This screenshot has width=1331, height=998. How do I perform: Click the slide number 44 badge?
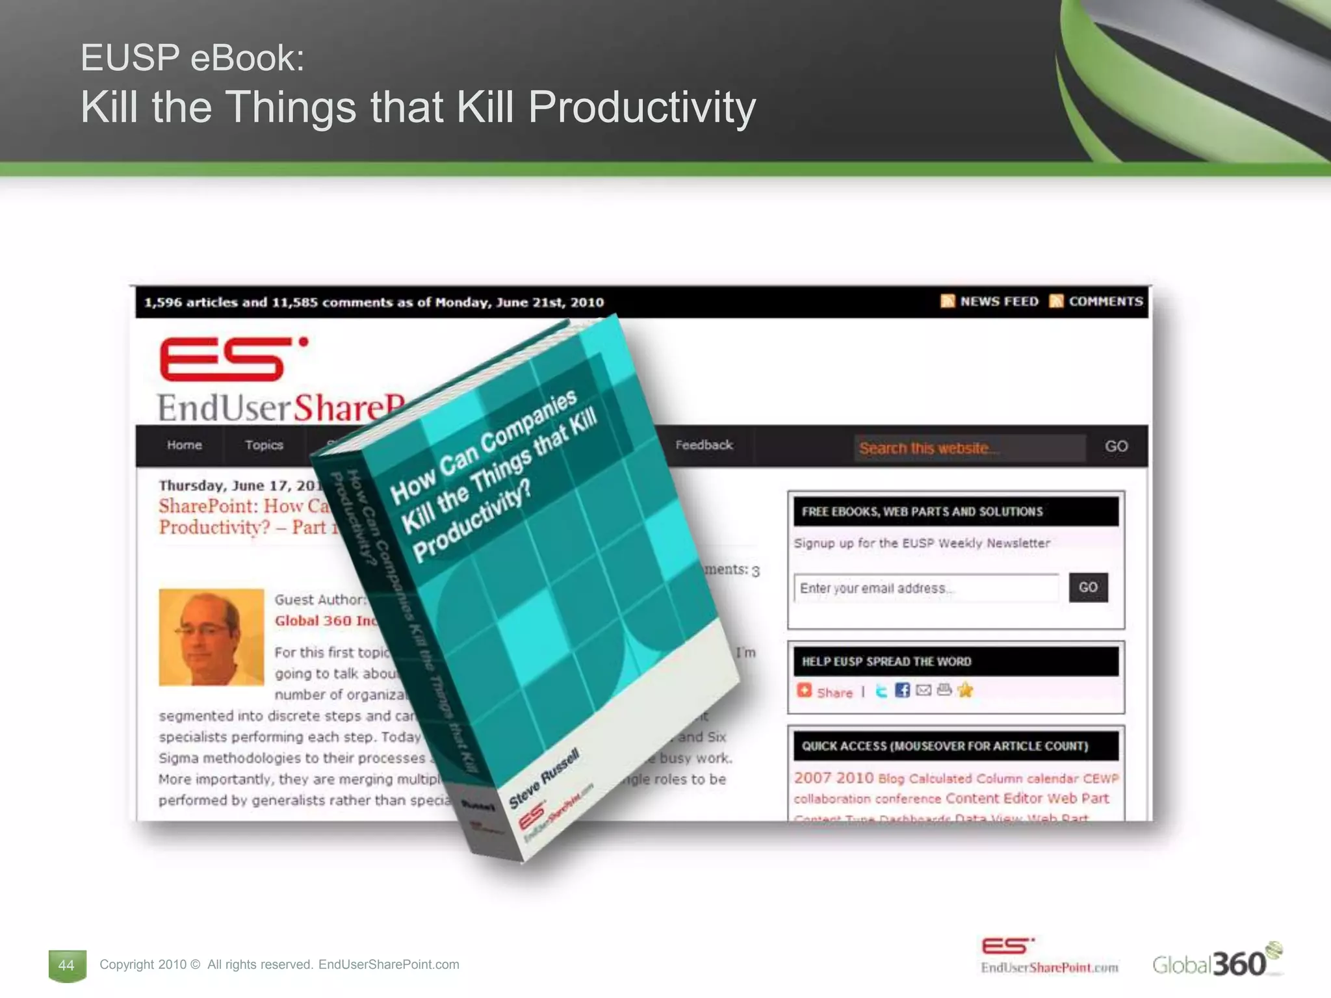pyautogui.click(x=66, y=965)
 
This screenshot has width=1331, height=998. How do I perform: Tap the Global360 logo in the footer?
pyautogui.click(x=1216, y=962)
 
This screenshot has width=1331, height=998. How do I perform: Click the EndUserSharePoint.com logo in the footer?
pyautogui.click(x=1048, y=956)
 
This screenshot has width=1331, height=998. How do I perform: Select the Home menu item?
pyautogui.click(x=185, y=445)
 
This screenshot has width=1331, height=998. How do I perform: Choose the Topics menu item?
pyautogui.click(x=264, y=445)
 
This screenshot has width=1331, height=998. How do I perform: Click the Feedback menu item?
pyautogui.click(x=704, y=445)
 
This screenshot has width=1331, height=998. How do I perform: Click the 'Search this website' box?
pyautogui.click(x=969, y=448)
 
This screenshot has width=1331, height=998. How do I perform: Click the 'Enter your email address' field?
pyautogui.click(x=926, y=588)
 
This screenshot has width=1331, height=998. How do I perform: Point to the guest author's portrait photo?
pyautogui.click(x=211, y=637)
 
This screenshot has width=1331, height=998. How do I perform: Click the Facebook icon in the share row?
pyautogui.click(x=902, y=690)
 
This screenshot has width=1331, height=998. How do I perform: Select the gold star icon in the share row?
pyautogui.click(x=965, y=690)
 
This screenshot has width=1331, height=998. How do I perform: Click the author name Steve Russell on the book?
pyautogui.click(x=543, y=778)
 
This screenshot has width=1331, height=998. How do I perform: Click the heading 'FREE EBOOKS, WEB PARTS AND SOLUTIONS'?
pyautogui.click(x=922, y=511)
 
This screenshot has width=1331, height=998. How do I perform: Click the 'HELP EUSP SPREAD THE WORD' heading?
pyautogui.click(x=886, y=661)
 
